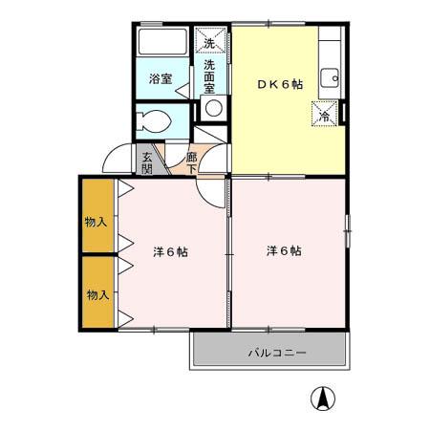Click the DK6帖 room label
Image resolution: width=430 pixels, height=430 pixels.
(x=279, y=84)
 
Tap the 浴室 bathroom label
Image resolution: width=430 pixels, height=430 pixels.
(x=161, y=79)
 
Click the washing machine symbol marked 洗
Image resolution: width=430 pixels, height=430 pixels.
(x=209, y=42)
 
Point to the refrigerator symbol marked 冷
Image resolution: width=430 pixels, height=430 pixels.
(x=324, y=116)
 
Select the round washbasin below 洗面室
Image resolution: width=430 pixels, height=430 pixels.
(x=213, y=108)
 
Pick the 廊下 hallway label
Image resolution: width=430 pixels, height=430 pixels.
(x=192, y=163)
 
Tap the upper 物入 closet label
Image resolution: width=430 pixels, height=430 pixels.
(x=96, y=222)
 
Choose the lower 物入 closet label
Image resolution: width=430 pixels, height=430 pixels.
(x=97, y=294)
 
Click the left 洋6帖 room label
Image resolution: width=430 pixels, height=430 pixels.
(x=170, y=252)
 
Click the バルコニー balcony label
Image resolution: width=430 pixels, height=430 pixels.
(x=277, y=353)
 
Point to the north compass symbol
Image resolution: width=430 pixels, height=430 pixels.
(x=325, y=398)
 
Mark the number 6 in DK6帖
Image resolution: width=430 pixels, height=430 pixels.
(x=284, y=84)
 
